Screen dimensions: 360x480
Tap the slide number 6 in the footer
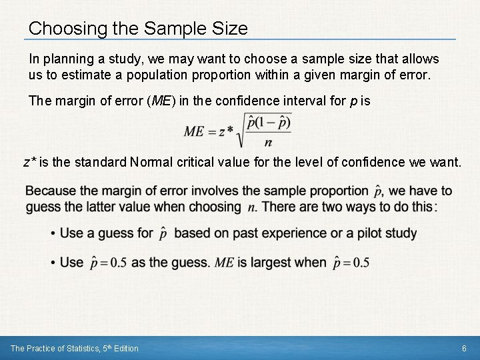(464, 348)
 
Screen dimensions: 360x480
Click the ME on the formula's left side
(194, 131)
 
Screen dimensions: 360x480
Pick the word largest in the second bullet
(261, 263)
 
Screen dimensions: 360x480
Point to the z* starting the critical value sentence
(29, 161)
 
